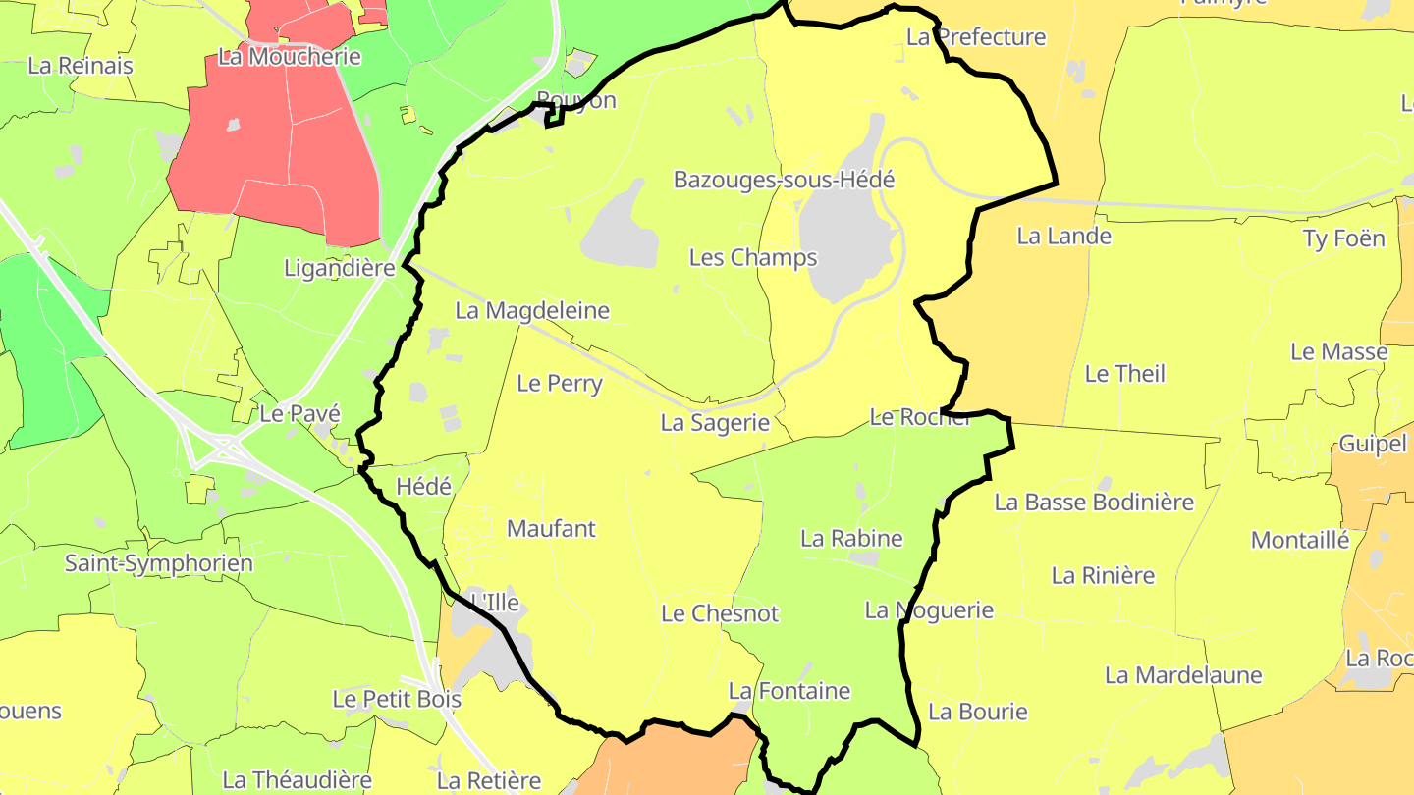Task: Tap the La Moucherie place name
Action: click(290, 56)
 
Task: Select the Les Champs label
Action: click(753, 257)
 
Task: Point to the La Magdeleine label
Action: click(532, 310)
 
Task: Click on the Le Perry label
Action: click(559, 383)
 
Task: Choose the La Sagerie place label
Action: click(714, 422)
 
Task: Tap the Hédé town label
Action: click(423, 486)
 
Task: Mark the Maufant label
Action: click(551, 528)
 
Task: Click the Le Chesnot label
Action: click(720, 613)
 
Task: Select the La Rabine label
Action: click(851, 538)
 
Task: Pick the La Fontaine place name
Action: click(789, 690)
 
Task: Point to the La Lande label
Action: click(1063, 236)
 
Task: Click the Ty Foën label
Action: click(1343, 238)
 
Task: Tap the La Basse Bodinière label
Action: click(1094, 502)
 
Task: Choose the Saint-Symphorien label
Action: click(159, 563)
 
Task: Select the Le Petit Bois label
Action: click(397, 699)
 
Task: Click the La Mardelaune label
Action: click(1183, 675)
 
